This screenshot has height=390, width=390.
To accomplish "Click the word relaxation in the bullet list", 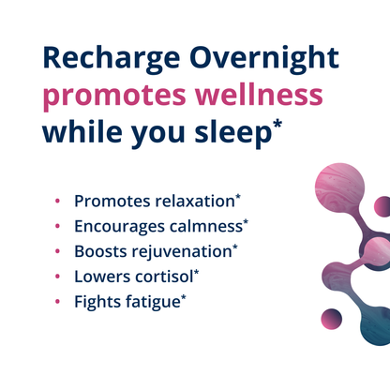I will (191, 201).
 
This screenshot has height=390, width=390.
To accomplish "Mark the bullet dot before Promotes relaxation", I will (58, 202).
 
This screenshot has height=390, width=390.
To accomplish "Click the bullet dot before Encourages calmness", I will (58, 227).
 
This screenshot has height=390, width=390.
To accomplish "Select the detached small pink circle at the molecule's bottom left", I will (330, 320).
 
